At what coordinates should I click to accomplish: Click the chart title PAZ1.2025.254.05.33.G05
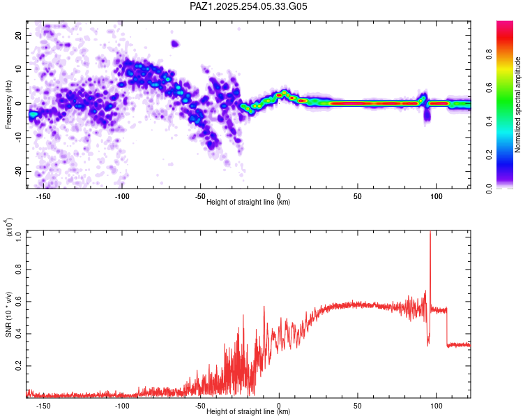click(248, 6)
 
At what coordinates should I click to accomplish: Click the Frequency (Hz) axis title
click(8, 105)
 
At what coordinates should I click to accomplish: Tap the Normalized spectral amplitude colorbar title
click(517, 105)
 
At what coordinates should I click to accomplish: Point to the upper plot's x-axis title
click(248, 202)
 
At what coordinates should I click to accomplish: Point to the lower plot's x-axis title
click(248, 411)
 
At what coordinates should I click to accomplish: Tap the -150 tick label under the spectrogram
click(43, 196)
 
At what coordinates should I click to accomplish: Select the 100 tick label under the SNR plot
click(436, 405)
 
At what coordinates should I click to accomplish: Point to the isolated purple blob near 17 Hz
click(175, 43)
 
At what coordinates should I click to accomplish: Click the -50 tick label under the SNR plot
click(200, 405)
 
